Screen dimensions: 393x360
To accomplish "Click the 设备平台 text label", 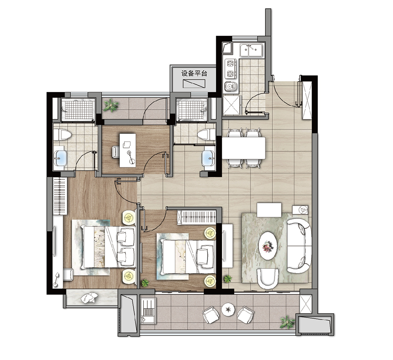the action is tap(194, 73).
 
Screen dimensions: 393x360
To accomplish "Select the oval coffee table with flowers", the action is tap(268, 245).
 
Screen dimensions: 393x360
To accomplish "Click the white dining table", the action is tap(244, 148).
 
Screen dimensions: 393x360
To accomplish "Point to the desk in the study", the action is tap(128, 150).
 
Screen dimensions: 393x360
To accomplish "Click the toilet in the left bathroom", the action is tap(62, 135).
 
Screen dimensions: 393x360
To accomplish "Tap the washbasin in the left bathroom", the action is tap(60, 158).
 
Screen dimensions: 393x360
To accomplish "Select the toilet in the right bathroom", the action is tap(207, 135).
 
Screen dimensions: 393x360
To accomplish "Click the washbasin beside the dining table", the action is tap(209, 158).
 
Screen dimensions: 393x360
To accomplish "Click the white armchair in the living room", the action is tap(268, 279).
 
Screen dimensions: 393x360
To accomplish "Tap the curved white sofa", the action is tap(299, 246).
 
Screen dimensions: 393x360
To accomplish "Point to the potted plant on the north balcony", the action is tap(110, 106).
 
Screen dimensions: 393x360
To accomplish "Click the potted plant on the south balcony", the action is tap(287, 322).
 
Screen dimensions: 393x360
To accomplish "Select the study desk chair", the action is tap(116, 152).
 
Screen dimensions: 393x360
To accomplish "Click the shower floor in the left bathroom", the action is tap(78, 110).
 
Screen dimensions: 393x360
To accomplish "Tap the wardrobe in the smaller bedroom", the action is tap(196, 217).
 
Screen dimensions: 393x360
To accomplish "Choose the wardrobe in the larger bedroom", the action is tap(60, 196).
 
